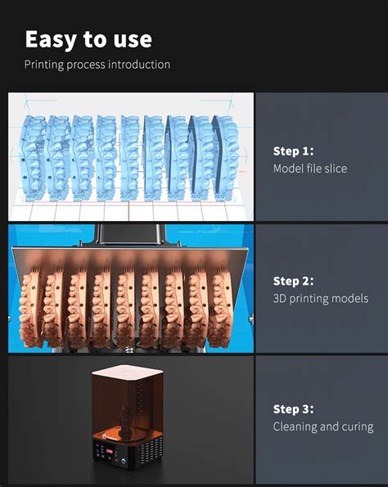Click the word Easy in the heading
point(51,38)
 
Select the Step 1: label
point(294,151)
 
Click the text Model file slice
point(309,169)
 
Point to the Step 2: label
point(294,281)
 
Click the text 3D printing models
point(320,299)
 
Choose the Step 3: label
point(294,409)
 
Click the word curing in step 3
point(357,426)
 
